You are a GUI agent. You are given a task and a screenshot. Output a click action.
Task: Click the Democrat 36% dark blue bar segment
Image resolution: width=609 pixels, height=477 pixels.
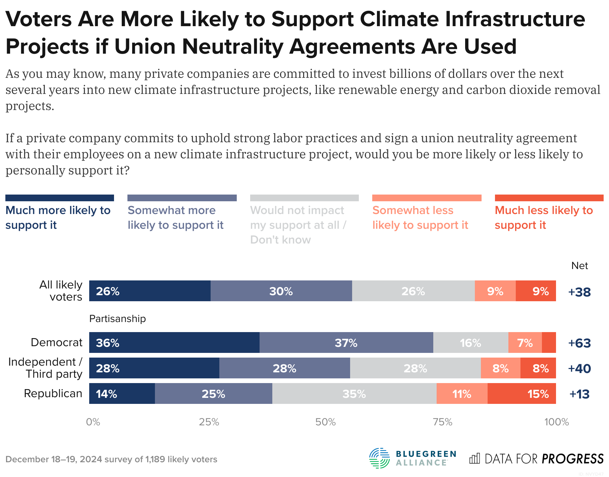[174, 342]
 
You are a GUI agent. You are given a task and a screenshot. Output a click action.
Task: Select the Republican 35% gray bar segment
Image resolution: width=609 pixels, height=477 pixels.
[354, 393]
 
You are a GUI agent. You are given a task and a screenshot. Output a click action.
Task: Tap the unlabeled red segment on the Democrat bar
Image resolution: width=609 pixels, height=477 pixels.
[549, 342]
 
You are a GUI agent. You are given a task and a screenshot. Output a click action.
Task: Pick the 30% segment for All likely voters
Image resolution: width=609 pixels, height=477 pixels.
[281, 291]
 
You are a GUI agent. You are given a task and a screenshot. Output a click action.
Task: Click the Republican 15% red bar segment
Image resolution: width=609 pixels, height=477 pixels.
[521, 393]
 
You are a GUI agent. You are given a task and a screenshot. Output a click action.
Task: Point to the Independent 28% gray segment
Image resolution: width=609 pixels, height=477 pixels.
[415, 368]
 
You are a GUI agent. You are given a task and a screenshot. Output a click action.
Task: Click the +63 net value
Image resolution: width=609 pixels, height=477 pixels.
[579, 343]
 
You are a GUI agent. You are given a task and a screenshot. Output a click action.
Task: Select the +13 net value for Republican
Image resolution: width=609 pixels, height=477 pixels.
[579, 394]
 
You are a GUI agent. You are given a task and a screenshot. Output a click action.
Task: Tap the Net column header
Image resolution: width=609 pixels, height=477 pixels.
[579, 266]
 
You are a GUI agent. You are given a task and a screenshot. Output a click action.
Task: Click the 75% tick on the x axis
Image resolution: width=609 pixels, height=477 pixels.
[442, 422]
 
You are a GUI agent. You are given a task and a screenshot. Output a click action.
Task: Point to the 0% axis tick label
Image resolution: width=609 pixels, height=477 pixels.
[93, 422]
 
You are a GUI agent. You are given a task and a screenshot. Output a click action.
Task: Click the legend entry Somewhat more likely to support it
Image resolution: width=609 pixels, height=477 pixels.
[175, 217]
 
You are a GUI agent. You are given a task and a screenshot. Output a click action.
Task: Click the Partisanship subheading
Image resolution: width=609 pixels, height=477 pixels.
[117, 318]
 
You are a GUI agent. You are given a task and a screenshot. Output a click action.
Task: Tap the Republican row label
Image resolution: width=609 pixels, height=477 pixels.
[53, 393]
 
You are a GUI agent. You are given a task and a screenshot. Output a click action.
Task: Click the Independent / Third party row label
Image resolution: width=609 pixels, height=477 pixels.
[45, 368]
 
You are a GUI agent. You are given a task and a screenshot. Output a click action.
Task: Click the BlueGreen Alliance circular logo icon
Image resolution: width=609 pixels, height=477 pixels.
[379, 458]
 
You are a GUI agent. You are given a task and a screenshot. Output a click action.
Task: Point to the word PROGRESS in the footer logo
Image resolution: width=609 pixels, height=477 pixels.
[572, 459]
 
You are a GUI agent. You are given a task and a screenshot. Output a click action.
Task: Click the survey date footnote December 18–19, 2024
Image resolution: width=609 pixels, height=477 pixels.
[54, 459]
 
